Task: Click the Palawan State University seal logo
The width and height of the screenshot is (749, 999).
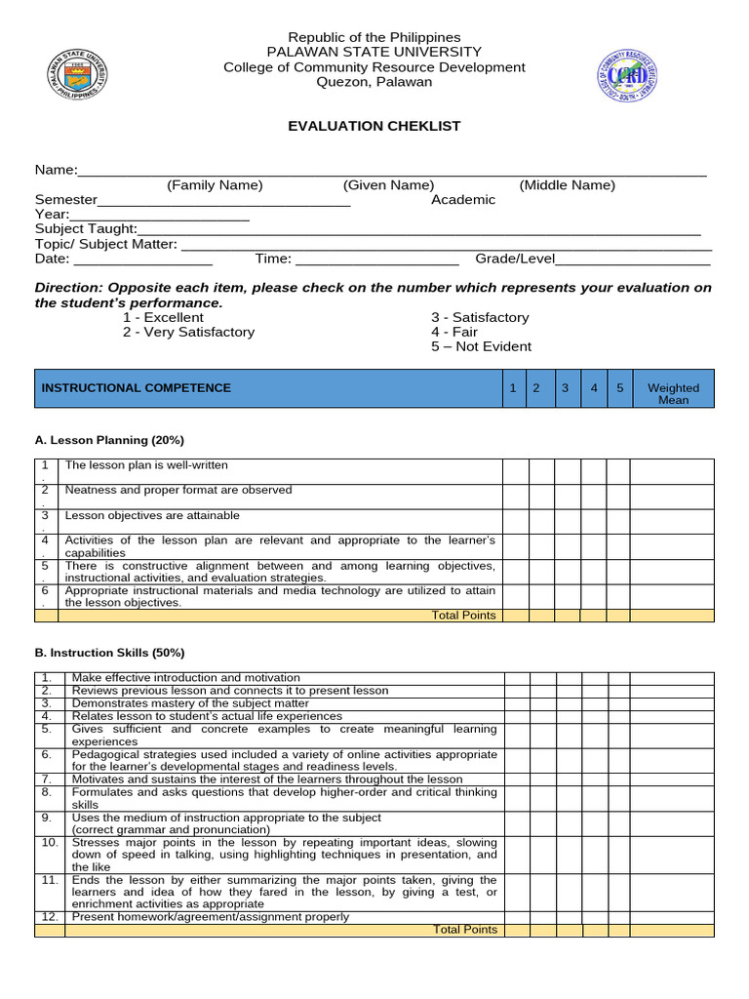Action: [x=78, y=76]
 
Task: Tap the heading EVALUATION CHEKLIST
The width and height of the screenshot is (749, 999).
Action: [x=374, y=126]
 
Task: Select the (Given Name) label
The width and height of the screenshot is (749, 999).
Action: [x=388, y=185]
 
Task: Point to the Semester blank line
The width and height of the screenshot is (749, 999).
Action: [x=223, y=200]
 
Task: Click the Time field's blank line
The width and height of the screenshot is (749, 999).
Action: [x=376, y=259]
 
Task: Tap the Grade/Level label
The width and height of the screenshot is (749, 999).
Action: [x=514, y=259]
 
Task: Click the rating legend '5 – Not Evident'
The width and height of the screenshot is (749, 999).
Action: [x=482, y=346]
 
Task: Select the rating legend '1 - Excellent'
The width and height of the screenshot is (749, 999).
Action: [x=163, y=317]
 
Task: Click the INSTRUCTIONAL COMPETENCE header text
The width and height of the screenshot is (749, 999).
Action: [x=137, y=387]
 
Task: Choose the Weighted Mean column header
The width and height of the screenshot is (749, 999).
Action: [x=673, y=393]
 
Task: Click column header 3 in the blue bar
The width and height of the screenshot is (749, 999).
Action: [x=565, y=387]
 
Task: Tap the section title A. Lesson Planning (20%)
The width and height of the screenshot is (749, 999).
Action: [x=109, y=440]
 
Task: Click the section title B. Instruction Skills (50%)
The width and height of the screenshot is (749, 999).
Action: [x=109, y=653]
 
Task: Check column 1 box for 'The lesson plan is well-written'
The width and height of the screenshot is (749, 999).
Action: [x=516, y=471]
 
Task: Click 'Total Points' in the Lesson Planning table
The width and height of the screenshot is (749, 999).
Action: [x=464, y=616]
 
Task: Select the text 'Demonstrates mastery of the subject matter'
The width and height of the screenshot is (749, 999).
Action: [x=190, y=703]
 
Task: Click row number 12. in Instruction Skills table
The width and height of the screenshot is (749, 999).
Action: [x=49, y=917]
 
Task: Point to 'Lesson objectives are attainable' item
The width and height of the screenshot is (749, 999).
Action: [x=151, y=515]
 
